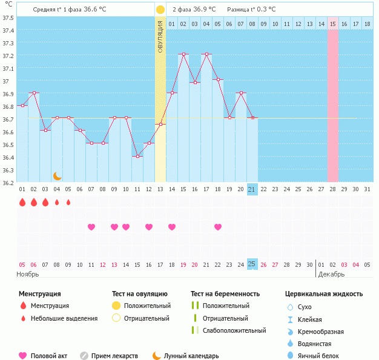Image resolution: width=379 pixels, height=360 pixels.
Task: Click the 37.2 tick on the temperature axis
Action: click(x=8, y=56)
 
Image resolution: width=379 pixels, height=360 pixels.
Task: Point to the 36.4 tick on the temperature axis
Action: click(x=8, y=158)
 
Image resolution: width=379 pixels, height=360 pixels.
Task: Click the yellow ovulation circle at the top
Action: click(x=160, y=10)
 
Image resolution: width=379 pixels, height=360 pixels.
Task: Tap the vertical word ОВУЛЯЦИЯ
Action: click(x=160, y=36)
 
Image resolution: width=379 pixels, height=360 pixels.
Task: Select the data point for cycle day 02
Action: click(x=34, y=93)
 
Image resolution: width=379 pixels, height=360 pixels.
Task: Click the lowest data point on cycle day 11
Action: click(x=137, y=156)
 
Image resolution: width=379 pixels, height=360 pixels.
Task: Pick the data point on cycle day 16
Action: click(x=195, y=82)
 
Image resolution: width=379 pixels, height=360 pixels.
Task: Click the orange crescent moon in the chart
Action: click(x=57, y=176)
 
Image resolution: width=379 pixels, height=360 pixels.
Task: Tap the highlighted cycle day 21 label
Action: click(x=252, y=189)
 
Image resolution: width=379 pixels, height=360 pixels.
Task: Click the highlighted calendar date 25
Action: click(x=252, y=264)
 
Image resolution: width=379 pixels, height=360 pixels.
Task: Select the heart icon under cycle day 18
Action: click(x=218, y=227)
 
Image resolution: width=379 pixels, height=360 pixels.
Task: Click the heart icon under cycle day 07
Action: click(x=91, y=227)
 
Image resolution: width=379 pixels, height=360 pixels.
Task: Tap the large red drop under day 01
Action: click(x=22, y=202)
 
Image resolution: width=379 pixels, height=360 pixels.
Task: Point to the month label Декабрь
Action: click(x=331, y=274)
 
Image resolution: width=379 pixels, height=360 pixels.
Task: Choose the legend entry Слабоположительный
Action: click(x=234, y=330)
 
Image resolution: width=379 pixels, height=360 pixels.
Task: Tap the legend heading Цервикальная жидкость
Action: click(x=324, y=293)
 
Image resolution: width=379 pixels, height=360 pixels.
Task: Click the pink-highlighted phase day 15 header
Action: click(x=333, y=24)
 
